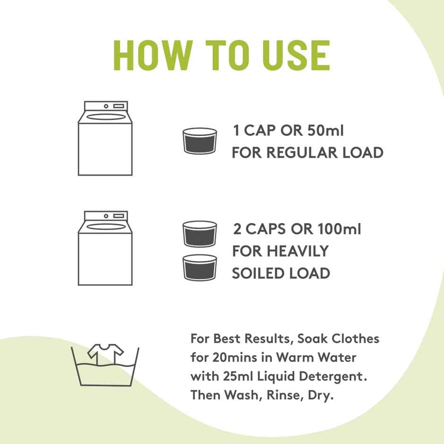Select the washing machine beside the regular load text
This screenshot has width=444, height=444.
point(105,138)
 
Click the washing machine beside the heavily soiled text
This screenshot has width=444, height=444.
point(105,248)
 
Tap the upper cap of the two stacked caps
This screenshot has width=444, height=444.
point(200,234)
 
